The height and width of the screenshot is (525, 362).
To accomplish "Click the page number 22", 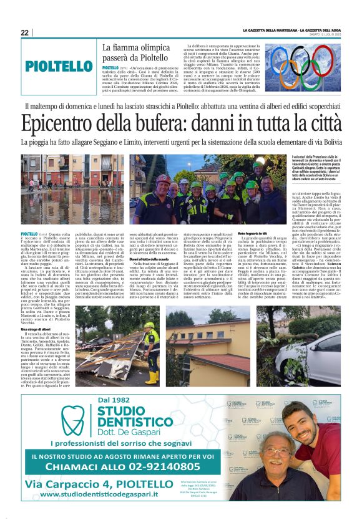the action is [x=24, y=33].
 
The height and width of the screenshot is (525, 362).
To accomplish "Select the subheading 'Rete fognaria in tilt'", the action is [x=253, y=233].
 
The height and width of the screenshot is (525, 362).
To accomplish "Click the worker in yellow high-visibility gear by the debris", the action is [x=150, y=342].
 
